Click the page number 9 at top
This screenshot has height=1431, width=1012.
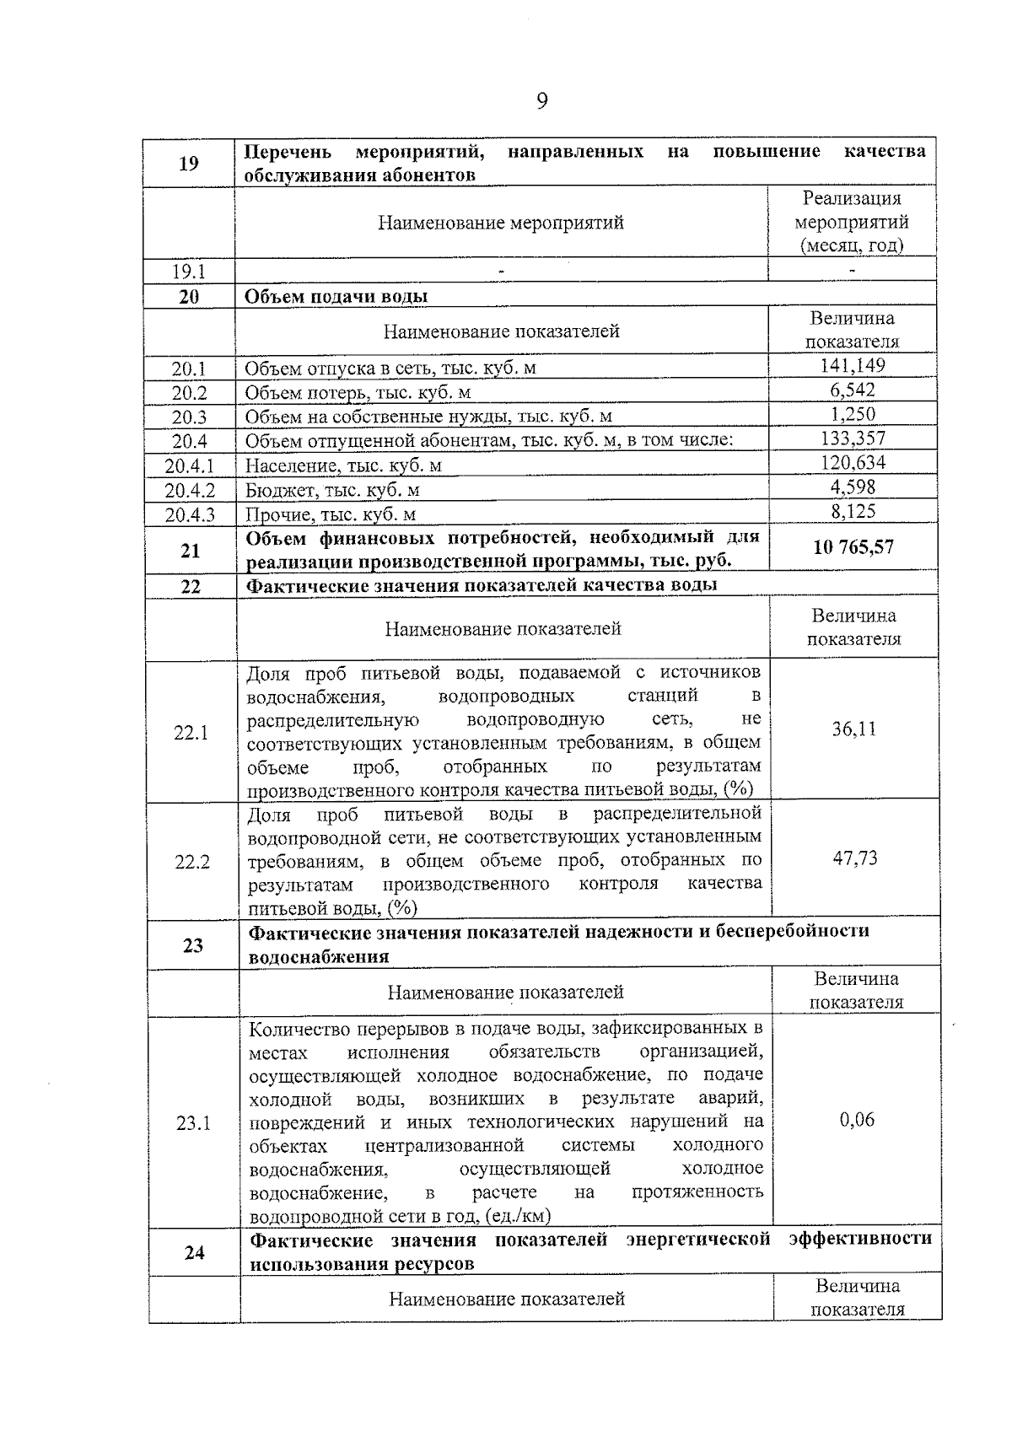pyautogui.click(x=541, y=101)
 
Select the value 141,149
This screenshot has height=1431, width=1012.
pyautogui.click(x=852, y=365)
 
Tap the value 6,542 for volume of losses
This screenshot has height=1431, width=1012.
pyautogui.click(x=852, y=390)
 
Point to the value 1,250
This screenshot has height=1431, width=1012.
pyautogui.click(x=852, y=414)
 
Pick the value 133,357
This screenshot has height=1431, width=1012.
pyautogui.click(x=853, y=438)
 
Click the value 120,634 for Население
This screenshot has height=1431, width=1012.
pyautogui.click(x=853, y=462)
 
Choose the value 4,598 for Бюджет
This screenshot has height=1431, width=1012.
pyautogui.click(x=853, y=487)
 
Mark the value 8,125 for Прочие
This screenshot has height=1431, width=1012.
pyautogui.click(x=853, y=511)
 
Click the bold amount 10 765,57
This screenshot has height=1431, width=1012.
pyautogui.click(x=853, y=547)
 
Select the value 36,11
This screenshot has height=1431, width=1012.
pyautogui.click(x=854, y=729)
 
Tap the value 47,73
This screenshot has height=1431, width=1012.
pyautogui.click(x=855, y=858)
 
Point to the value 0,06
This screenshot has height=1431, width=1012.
pyautogui.click(x=857, y=1120)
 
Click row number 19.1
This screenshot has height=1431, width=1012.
pyautogui.click(x=189, y=272)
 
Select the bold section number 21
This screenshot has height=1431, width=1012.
pyautogui.click(x=191, y=551)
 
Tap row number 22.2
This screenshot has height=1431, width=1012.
pyautogui.click(x=192, y=862)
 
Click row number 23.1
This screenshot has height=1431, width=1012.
pyautogui.click(x=193, y=1123)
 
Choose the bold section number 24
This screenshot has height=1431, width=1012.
pyautogui.click(x=194, y=1253)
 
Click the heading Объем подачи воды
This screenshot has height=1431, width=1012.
pyautogui.click(x=336, y=297)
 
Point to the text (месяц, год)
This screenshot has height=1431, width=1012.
pyautogui.click(x=852, y=245)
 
